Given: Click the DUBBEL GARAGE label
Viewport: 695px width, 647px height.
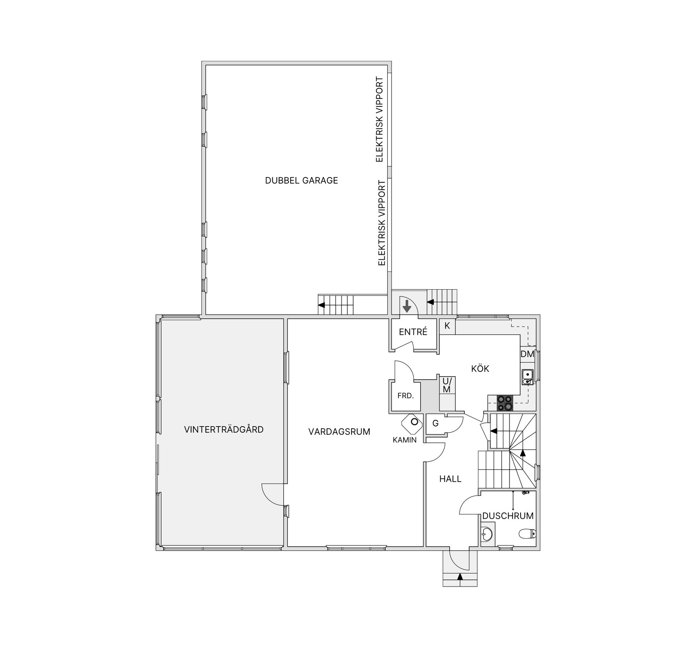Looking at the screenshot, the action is coord(302,180).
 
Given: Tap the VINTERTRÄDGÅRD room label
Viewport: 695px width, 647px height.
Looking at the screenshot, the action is coord(224,429).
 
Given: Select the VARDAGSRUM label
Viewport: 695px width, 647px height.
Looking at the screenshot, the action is coord(339,432).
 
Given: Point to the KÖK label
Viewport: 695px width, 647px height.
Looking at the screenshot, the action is coord(480,369).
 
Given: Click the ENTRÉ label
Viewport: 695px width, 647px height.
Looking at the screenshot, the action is coord(413,332).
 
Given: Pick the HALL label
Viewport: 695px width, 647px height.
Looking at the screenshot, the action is coord(450,479).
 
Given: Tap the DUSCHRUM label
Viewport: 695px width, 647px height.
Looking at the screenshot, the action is coord(508,516).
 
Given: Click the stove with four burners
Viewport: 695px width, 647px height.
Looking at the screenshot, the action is coord(505,403).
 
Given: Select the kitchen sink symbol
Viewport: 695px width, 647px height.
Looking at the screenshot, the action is coord(527,377).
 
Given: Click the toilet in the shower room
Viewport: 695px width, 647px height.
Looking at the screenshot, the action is coord(527,534).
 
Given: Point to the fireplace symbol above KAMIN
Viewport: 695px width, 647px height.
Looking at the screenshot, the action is coord(412,423).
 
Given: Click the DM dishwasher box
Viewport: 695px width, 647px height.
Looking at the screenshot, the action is coord(527,354).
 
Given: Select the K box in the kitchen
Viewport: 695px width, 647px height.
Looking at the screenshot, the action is coord(447,326).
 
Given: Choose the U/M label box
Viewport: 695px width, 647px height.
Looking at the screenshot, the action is coord(447,385).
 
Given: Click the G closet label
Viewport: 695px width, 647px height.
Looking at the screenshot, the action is coord(435,423).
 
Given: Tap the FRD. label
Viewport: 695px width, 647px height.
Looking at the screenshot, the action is coord(405,396).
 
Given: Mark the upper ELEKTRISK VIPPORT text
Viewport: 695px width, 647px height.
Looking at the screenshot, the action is coord(379,119).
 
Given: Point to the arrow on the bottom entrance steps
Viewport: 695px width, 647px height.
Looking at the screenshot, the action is coord(460,577).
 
